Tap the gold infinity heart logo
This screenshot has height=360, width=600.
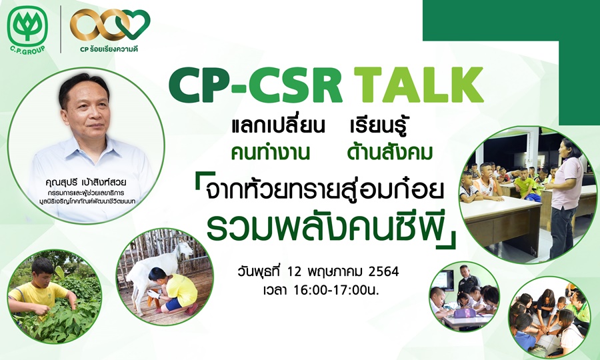pyautogui.click(x=110, y=25)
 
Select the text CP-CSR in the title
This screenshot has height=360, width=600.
pyautogui.click(x=255, y=85)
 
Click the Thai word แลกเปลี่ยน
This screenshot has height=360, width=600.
pyautogui.click(x=278, y=126)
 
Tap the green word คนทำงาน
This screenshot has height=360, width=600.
pyautogui.click(x=270, y=152)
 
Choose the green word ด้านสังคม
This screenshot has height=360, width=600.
pyautogui.click(x=389, y=152)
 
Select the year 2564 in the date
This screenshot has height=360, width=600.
pyautogui.click(x=383, y=271)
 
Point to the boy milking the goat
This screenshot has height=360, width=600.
pyautogui.click(x=172, y=291)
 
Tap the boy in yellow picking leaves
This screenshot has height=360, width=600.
pyautogui.click(x=40, y=288)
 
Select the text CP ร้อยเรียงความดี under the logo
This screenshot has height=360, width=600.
pyautogui.click(x=109, y=49)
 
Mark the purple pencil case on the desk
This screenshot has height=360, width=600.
pyautogui.click(x=465, y=313)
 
